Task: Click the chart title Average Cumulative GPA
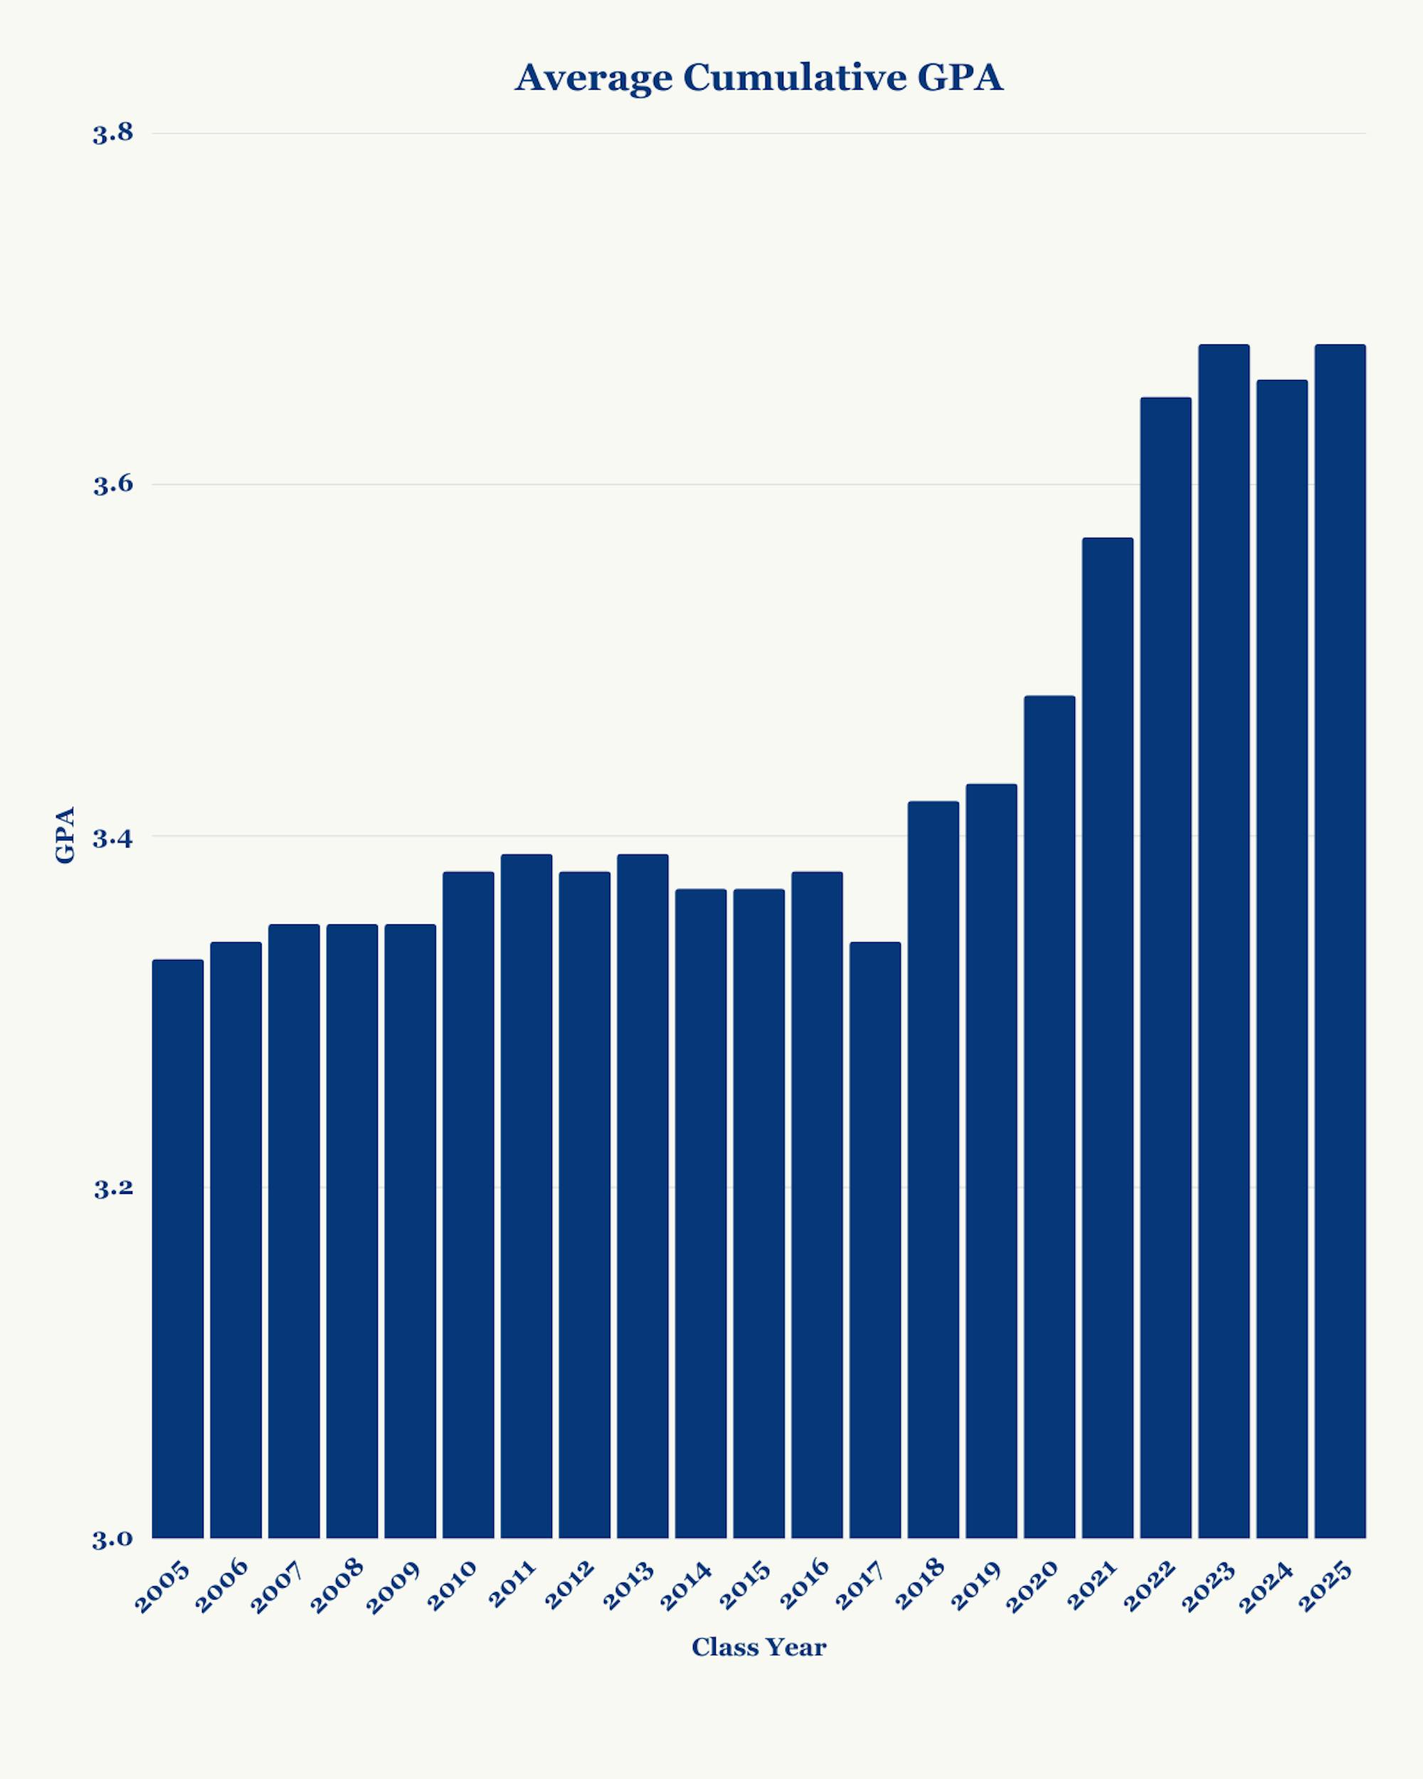pyautogui.click(x=759, y=78)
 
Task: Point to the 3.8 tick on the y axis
pyautogui.click(x=113, y=134)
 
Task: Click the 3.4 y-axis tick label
pyautogui.click(x=113, y=838)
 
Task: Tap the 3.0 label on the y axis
pyautogui.click(x=113, y=1540)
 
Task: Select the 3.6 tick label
pyautogui.click(x=113, y=485)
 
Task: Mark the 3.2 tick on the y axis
pyautogui.click(x=113, y=1188)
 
